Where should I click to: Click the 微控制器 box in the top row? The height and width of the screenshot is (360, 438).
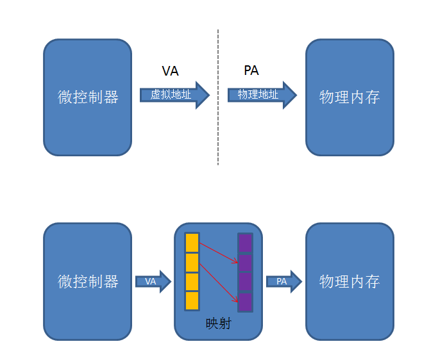88,97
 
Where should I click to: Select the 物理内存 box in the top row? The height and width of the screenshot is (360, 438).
350,97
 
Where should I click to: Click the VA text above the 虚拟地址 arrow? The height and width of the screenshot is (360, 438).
170,71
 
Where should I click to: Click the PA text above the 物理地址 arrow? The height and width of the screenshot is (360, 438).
251,70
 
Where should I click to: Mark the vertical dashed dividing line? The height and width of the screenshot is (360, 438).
218,96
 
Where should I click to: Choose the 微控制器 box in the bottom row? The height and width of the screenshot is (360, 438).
88,281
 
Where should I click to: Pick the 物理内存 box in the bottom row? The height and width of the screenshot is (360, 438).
350,281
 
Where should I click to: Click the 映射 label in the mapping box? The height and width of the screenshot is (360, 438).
218,324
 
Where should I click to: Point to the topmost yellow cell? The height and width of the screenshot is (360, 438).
192,243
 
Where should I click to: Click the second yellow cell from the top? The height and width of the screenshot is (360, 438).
192,263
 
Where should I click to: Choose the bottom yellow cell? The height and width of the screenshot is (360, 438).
192,300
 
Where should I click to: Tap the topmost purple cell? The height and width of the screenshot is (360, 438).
245,243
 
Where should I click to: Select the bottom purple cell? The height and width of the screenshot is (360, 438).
245,302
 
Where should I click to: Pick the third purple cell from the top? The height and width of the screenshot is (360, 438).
245,282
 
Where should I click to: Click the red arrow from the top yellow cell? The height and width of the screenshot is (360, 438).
219,252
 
